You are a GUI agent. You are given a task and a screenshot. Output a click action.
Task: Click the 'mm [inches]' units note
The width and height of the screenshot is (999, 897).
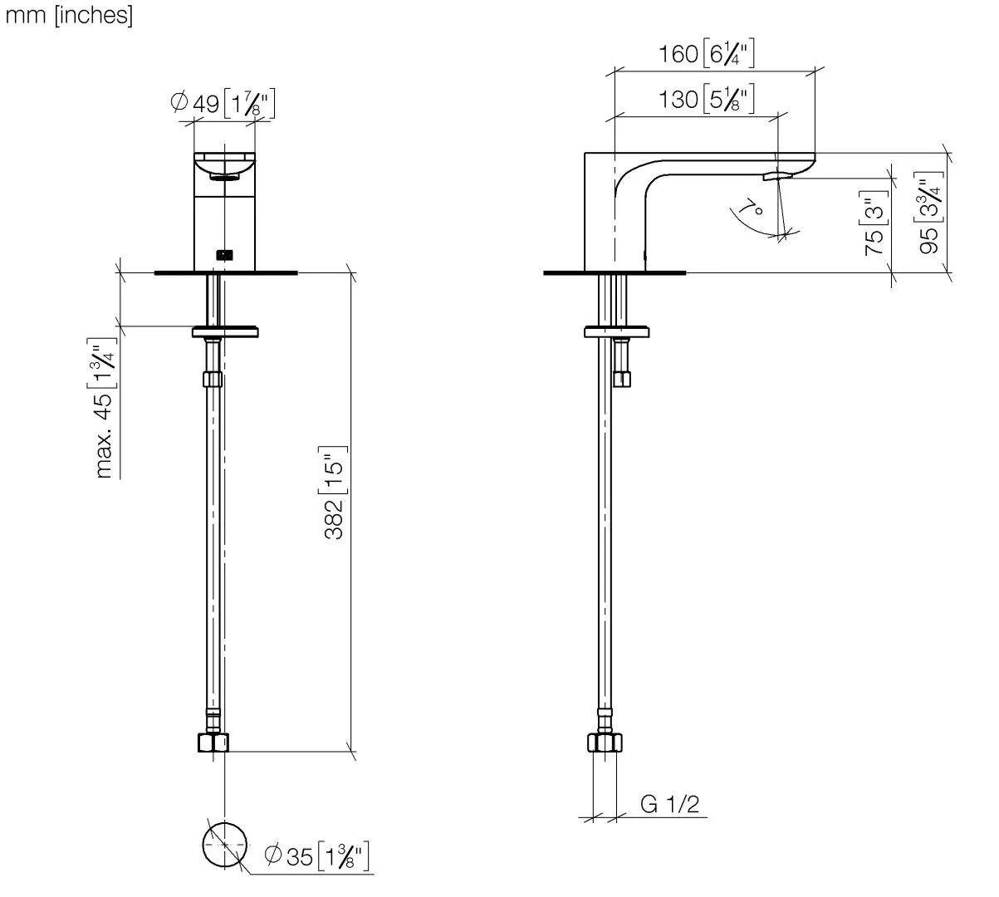point(69,17)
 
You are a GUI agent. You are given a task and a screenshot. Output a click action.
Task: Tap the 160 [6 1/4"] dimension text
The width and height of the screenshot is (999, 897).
point(707,55)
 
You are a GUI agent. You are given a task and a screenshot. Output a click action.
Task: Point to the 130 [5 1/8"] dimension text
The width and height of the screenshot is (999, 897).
point(707,100)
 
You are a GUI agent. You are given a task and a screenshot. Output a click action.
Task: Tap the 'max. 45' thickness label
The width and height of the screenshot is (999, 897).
point(103,412)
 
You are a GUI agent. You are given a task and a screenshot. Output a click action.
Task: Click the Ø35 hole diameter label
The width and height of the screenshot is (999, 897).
point(316,855)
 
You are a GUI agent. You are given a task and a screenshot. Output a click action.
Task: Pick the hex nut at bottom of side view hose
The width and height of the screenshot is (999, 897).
point(605,742)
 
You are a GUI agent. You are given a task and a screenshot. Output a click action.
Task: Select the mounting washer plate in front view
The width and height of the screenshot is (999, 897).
point(225,331)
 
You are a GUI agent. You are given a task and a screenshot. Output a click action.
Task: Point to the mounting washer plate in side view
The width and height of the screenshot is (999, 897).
point(616,331)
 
